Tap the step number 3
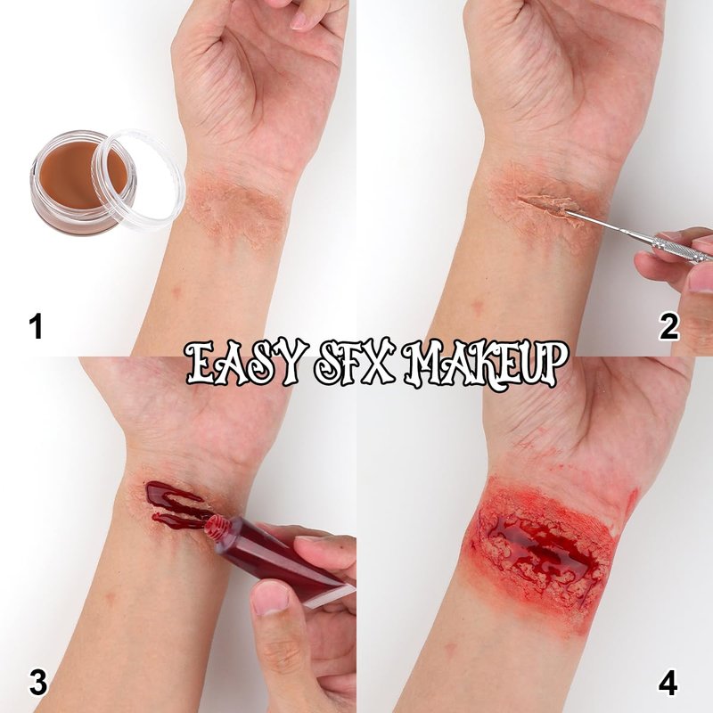coord(38,682)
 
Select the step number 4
coord(668,682)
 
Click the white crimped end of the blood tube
coord(328,595)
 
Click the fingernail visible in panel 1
coord(299,20)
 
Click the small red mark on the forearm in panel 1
coord(176,291)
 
